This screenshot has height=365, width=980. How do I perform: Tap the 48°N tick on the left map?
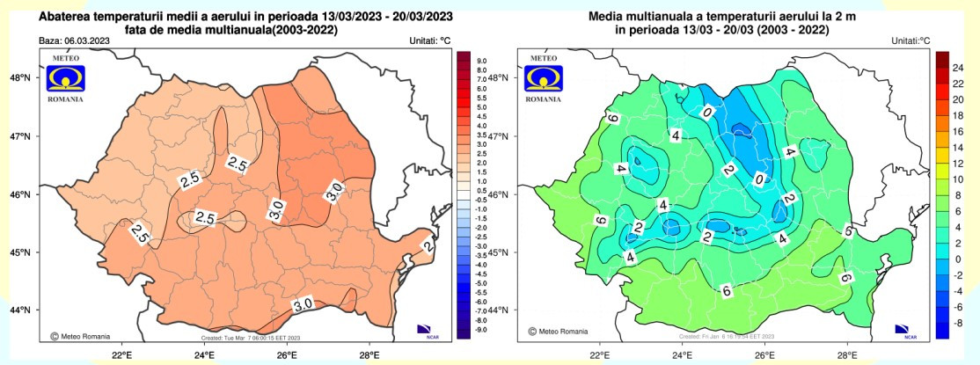coord(20,77)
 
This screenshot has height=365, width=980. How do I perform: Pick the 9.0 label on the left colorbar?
coord(481,61)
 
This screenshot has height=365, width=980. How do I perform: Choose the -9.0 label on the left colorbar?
coord(481,330)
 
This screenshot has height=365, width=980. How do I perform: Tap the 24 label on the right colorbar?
coord(960,68)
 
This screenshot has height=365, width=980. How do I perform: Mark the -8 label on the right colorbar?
coord(960,323)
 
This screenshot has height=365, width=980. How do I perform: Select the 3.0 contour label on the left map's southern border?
coord(303,305)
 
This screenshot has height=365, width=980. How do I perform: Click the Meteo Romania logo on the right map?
coord(543,80)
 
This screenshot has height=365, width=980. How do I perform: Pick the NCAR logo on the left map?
coord(428,330)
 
